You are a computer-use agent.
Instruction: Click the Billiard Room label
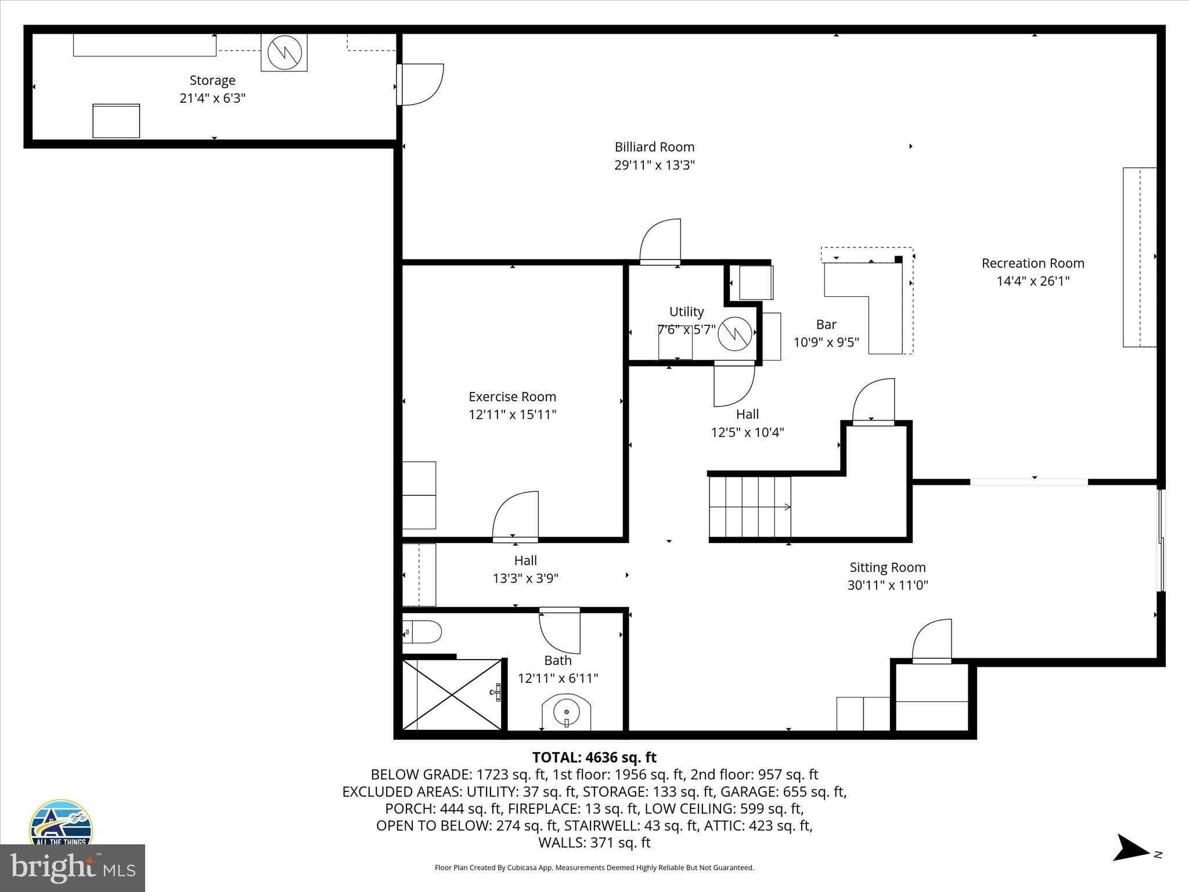[x=654, y=147]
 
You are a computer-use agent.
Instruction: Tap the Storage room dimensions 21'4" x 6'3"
[x=212, y=98]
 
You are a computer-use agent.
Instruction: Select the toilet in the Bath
[x=423, y=631]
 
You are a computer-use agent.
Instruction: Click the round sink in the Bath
[x=565, y=711]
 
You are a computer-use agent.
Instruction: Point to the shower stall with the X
[x=452, y=694]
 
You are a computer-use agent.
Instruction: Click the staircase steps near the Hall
[x=750, y=507]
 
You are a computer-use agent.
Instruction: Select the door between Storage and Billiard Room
[x=421, y=85]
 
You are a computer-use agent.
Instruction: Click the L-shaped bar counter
[x=871, y=302]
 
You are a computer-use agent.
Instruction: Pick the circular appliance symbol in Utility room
[x=735, y=333]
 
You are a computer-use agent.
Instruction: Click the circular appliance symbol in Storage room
[x=284, y=52]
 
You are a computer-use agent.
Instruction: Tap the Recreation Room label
[x=1033, y=263]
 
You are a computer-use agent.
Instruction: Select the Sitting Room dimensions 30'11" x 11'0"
[x=887, y=585]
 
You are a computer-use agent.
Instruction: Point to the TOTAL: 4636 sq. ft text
[x=594, y=757]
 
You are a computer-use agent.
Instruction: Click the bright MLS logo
[x=72, y=868]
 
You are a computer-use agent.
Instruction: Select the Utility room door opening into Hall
[x=734, y=384]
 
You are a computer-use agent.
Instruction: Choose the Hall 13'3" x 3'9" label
[x=525, y=569]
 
